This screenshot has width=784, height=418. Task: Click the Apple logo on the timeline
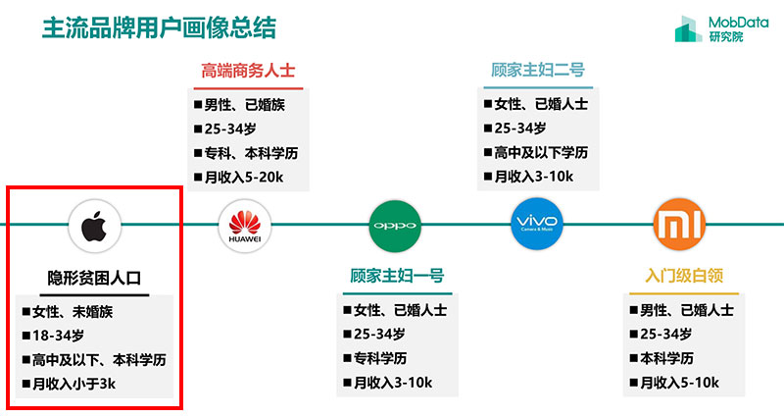pyautogui.click(x=94, y=226)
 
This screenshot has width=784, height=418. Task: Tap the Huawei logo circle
pyautogui.click(x=244, y=226)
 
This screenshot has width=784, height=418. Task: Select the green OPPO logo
pyautogui.click(x=395, y=226)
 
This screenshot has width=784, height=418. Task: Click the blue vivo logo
pyautogui.click(x=536, y=224)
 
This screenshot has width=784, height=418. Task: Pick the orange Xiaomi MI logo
pyautogui.click(x=679, y=224)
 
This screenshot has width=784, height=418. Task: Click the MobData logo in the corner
pyautogui.click(x=721, y=28)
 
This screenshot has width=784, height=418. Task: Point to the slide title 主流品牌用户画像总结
pyautogui.click(x=159, y=28)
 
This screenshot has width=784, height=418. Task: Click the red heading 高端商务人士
pyautogui.click(x=248, y=71)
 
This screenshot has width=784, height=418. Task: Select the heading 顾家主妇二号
pyautogui.click(x=537, y=70)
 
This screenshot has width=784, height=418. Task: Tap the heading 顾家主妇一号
pyautogui.click(x=397, y=276)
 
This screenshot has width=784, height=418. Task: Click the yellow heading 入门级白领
pyautogui.click(x=684, y=276)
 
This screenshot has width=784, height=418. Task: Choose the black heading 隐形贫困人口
pyautogui.click(x=94, y=278)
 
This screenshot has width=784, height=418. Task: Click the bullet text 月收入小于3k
pyautogui.click(x=73, y=384)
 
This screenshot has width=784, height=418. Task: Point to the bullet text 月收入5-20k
pyautogui.click(x=243, y=178)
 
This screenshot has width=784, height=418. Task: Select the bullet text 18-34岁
pyautogui.click(x=58, y=336)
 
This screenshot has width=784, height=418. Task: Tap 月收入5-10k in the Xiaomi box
pyautogui.click(x=679, y=383)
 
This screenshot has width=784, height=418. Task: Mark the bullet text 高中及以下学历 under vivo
pyautogui.click(x=541, y=152)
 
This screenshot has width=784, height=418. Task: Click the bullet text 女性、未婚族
pyautogui.click(x=73, y=312)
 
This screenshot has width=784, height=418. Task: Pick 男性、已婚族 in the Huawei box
pyautogui.click(x=244, y=105)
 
